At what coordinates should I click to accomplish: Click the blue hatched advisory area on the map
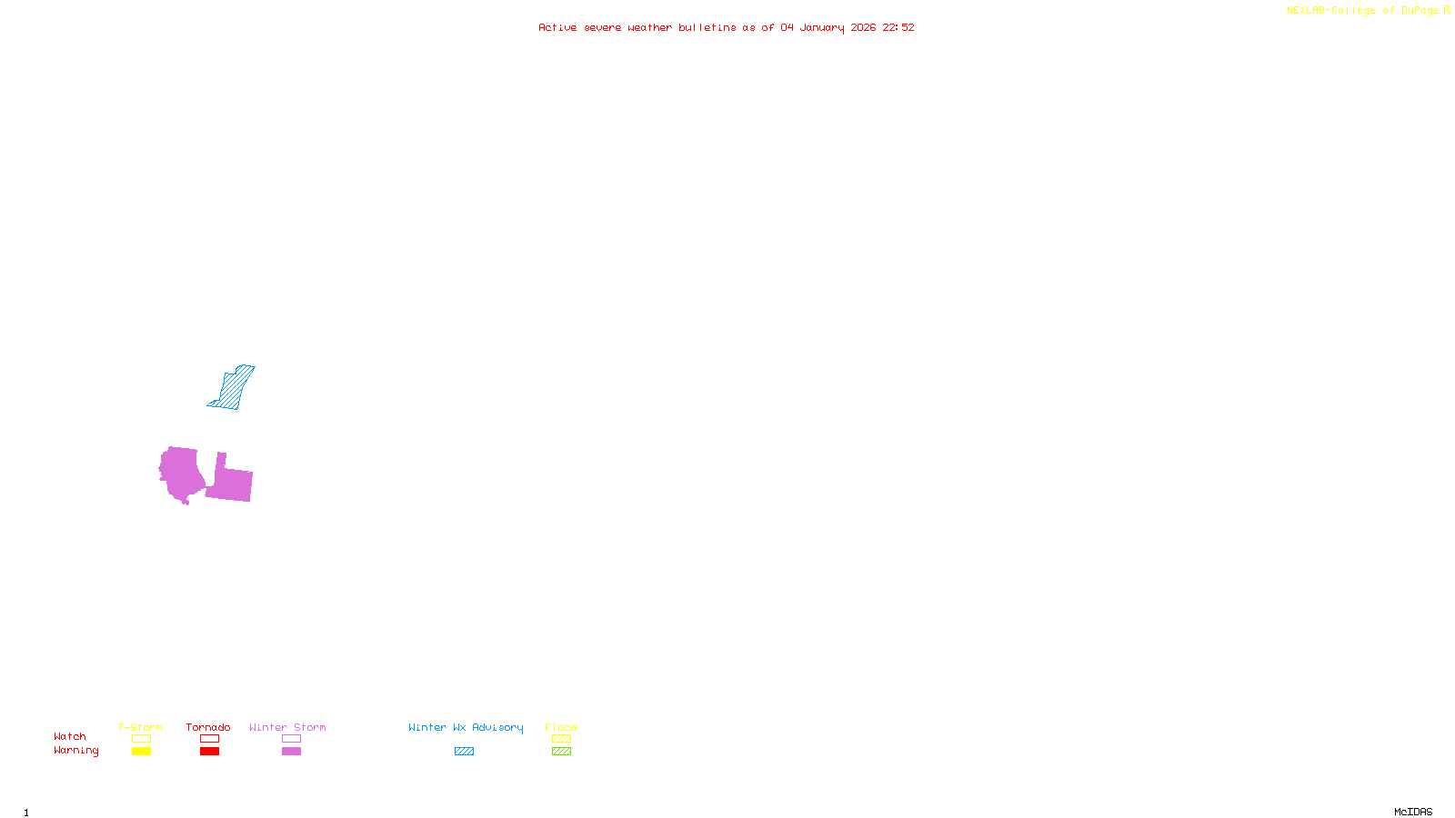(x=234, y=388)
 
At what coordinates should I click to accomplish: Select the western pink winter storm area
(x=181, y=473)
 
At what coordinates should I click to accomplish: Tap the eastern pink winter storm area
(x=231, y=483)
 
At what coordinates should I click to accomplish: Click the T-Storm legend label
(x=140, y=727)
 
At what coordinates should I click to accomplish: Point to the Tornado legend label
(x=208, y=727)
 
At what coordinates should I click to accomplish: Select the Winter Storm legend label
(x=287, y=727)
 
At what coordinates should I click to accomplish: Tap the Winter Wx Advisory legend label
(x=466, y=727)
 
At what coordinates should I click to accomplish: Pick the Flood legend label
(x=561, y=727)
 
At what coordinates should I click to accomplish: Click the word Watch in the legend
(x=70, y=736)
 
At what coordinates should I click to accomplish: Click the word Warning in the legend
(x=75, y=751)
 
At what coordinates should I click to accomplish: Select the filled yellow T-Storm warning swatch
(x=141, y=752)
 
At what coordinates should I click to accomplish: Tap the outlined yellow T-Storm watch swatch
(x=141, y=739)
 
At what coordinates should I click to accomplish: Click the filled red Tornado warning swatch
(x=209, y=752)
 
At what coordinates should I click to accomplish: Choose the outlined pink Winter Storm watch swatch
(x=291, y=739)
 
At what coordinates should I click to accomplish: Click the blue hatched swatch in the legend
(x=464, y=752)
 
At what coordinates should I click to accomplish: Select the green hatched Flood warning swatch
(x=561, y=752)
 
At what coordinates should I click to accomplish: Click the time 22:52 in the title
(x=898, y=27)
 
